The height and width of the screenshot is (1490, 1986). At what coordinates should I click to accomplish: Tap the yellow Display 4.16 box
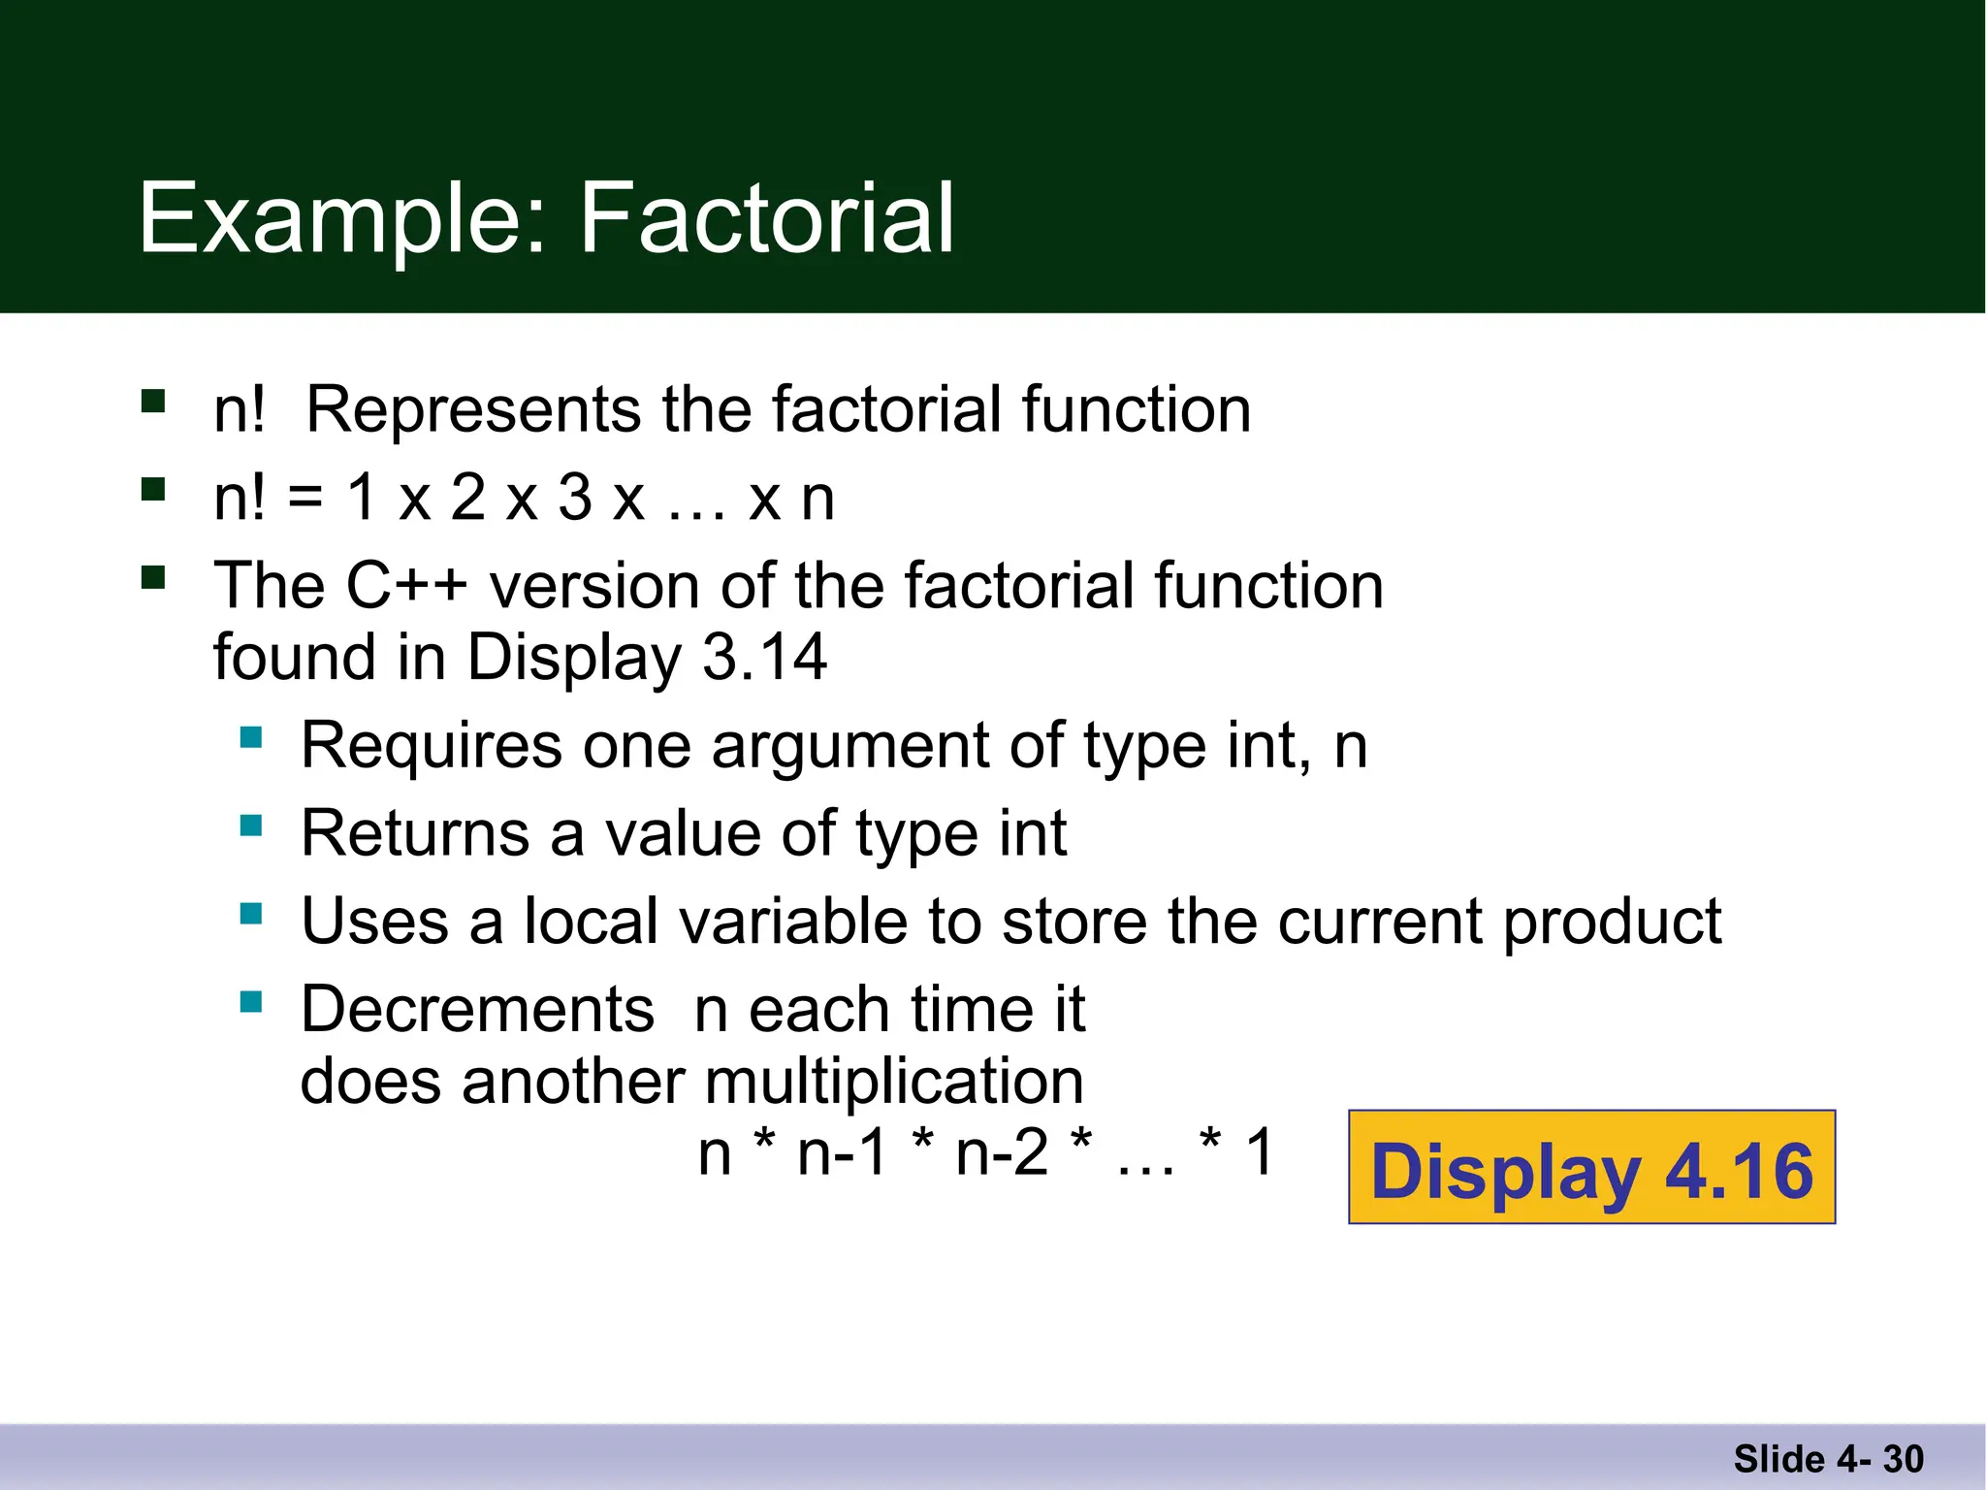(x=1591, y=1168)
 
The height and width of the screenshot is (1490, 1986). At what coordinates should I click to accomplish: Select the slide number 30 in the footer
(x=1903, y=1459)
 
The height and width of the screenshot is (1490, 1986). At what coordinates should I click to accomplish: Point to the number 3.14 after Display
(x=764, y=658)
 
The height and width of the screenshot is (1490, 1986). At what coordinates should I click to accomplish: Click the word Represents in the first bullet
(x=473, y=409)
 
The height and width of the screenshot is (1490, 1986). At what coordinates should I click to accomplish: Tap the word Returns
(x=415, y=833)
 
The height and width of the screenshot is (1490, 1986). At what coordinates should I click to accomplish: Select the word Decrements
(x=477, y=1009)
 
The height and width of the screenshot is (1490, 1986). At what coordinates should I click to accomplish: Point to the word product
(x=1612, y=922)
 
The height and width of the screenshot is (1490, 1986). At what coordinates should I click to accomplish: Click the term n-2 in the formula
(x=1002, y=1153)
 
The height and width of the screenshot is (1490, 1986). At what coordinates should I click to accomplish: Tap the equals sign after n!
(x=304, y=499)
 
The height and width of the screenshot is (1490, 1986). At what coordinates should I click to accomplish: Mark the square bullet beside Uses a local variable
(x=251, y=914)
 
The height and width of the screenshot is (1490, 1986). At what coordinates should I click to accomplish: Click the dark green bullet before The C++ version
(x=153, y=578)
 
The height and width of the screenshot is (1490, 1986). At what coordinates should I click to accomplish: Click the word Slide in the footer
(x=1778, y=1459)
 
